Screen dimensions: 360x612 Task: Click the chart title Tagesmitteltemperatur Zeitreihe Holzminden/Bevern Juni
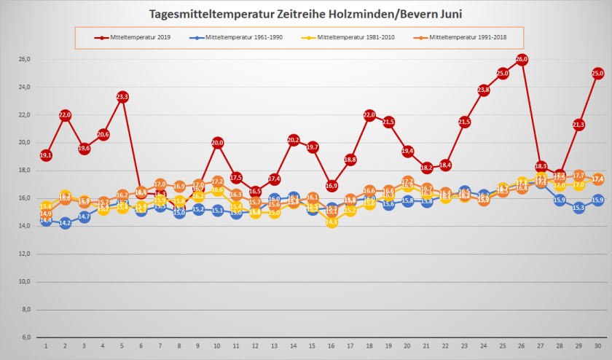[305, 13]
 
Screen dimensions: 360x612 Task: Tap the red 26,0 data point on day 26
[522, 59]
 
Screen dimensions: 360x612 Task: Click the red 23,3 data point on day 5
[122, 97]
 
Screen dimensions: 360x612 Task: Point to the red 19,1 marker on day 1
[46, 155]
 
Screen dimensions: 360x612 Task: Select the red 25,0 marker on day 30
[597, 73]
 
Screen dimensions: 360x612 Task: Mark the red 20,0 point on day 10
[217, 143]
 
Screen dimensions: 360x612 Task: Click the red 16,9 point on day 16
[331, 186]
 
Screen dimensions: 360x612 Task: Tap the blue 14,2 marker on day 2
[65, 223]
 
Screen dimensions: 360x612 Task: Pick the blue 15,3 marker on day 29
[578, 208]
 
